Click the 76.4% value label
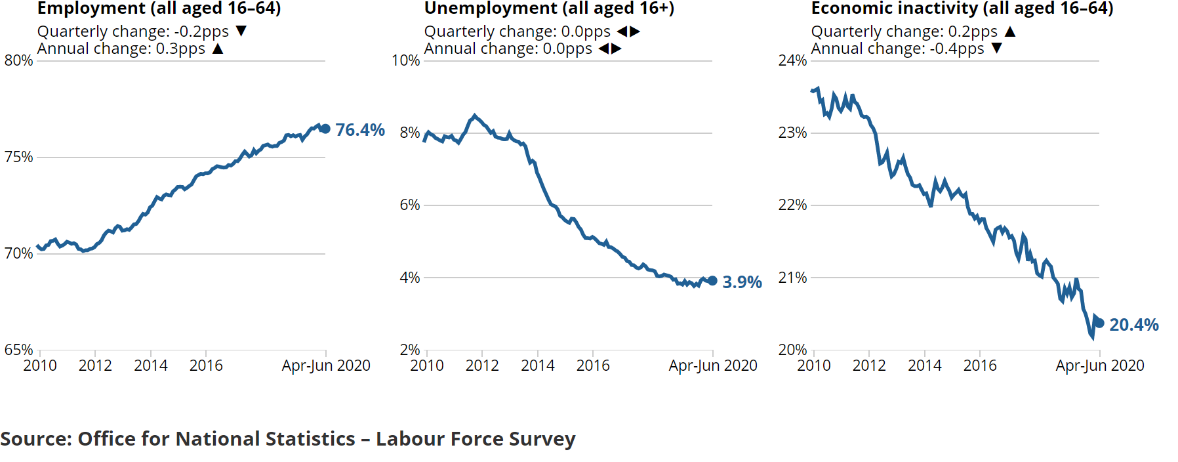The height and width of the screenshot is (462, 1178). click(359, 130)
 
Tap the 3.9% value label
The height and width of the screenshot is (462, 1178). click(742, 282)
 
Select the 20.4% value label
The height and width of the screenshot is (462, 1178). click(1133, 325)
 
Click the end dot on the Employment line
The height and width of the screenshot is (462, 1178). click(325, 129)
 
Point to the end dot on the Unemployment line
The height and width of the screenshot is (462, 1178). click(712, 281)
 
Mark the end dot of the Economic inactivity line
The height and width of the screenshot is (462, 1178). click(1099, 323)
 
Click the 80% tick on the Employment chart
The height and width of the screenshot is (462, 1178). click(18, 60)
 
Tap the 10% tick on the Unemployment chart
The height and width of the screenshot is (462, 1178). click(405, 60)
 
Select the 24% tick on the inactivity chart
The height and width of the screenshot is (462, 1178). click(792, 60)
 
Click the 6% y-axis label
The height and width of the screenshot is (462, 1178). click(409, 205)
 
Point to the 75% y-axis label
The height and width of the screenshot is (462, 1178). click(18, 157)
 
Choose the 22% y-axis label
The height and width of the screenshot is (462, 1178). click(792, 205)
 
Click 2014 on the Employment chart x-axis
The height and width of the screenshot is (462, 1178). click(151, 366)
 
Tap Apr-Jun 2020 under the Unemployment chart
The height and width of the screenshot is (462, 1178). click(712, 366)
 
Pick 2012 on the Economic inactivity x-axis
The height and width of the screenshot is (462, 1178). click(869, 366)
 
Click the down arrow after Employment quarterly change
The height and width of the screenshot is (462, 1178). click(241, 31)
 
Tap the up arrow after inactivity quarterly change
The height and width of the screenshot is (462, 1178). click(1010, 31)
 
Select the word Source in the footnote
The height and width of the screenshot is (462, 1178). click(35, 438)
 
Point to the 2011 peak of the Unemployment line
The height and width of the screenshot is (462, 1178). click(475, 115)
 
